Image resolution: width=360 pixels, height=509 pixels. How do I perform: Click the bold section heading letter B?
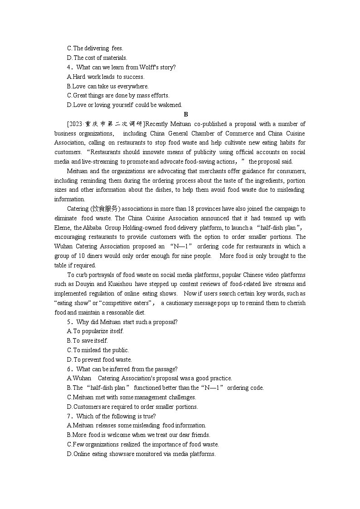coord(186,115)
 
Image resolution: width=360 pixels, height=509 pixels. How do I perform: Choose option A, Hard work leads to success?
coord(106,77)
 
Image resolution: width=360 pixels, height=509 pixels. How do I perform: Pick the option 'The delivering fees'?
coord(95,48)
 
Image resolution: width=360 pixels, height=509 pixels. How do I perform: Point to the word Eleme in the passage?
coord(63,228)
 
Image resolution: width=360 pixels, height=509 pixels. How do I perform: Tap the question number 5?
coord(69,322)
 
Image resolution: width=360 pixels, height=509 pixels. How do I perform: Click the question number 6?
coord(69,369)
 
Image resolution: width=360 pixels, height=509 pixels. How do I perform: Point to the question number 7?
coord(69,416)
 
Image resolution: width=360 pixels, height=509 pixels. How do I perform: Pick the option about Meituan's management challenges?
coord(131,397)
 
